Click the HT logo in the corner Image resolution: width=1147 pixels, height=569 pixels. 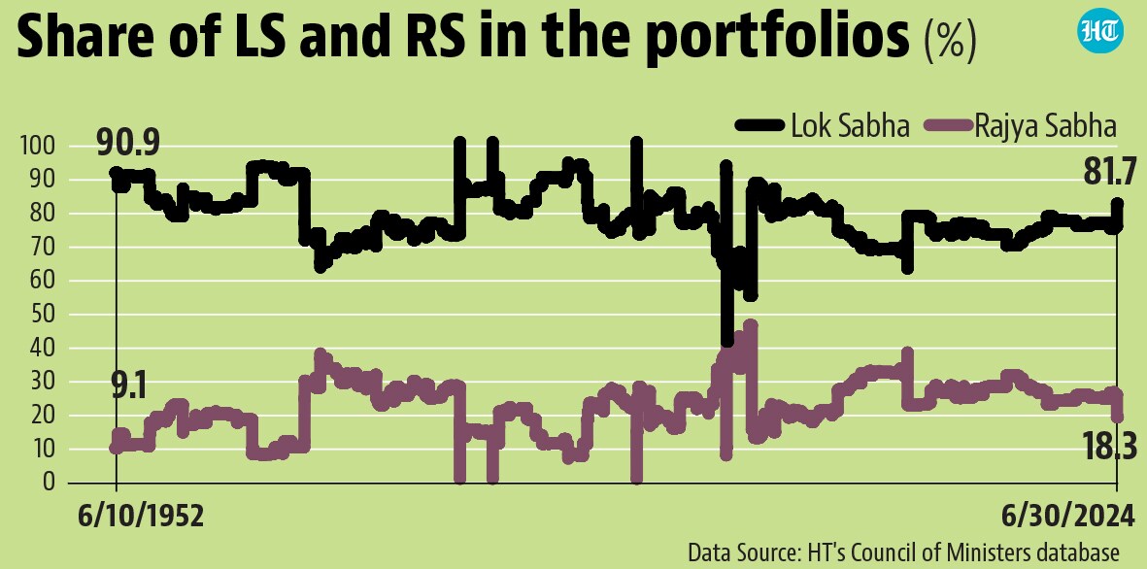point(1101,32)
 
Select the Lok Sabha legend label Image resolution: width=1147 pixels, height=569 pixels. point(850,126)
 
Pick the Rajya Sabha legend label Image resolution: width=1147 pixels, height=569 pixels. point(1046,127)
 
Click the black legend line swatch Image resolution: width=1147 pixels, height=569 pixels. point(759,127)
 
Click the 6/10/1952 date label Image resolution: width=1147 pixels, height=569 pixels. point(141,518)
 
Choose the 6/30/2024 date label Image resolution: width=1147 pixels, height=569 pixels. point(1065,518)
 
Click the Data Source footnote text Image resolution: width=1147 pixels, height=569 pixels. point(902,551)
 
